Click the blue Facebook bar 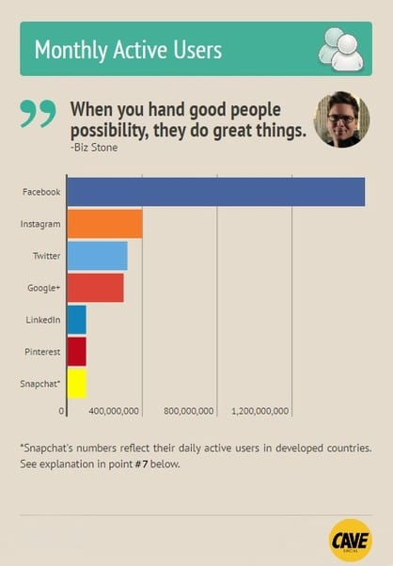tap(215, 192)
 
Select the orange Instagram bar tap(104, 224)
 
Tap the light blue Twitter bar tap(97, 256)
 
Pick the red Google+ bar tap(95, 288)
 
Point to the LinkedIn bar tap(76, 320)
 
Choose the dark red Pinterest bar tap(76, 352)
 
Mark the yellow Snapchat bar tap(76, 384)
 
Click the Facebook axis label tap(41, 192)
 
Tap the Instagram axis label tap(40, 224)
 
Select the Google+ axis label tap(43, 288)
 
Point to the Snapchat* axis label tap(39, 384)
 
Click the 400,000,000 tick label tap(114, 411)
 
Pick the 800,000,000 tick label tap(188, 411)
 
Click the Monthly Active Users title tap(128, 50)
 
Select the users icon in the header tap(340, 49)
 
